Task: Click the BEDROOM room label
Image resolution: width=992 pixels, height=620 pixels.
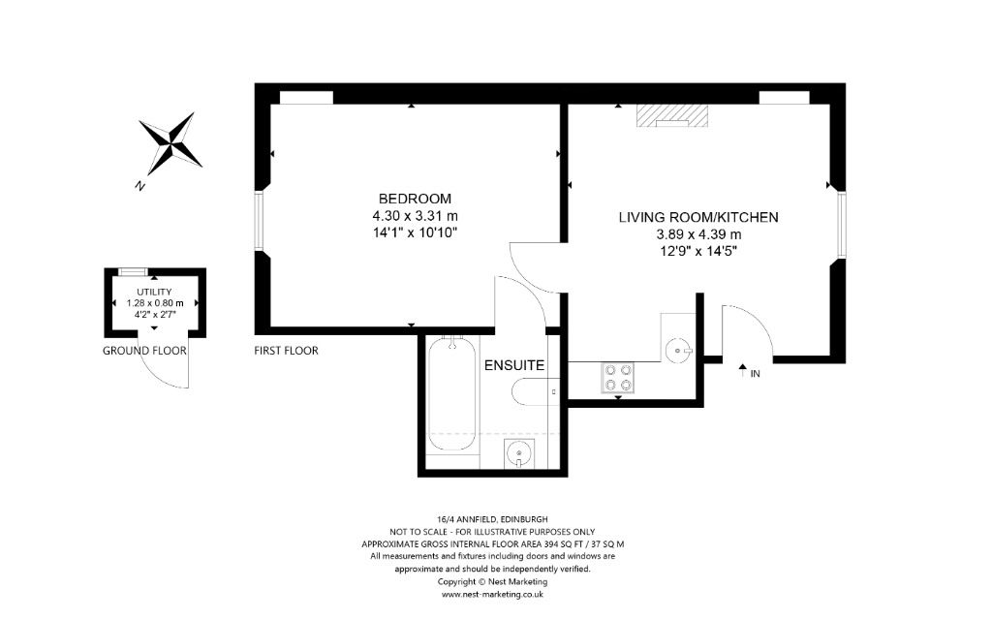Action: click(415, 198)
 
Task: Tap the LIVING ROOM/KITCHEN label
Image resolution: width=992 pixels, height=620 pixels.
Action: click(698, 217)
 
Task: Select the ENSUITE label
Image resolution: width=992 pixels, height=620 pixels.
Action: click(514, 365)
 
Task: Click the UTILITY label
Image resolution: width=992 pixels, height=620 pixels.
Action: click(154, 292)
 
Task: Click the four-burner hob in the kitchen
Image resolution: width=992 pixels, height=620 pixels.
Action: click(617, 378)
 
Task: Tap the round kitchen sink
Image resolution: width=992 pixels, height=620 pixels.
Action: click(679, 349)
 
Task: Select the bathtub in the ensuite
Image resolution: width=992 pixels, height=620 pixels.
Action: click(452, 395)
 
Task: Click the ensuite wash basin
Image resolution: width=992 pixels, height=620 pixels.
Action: click(519, 453)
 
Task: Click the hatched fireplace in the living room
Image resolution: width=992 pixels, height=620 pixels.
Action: click(672, 116)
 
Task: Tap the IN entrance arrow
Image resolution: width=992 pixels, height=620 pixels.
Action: click(743, 371)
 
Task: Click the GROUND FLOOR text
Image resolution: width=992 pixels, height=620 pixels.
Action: click(145, 351)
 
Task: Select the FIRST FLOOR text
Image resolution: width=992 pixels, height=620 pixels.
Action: click(286, 351)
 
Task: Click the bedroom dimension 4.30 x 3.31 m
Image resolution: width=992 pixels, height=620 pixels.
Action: click(415, 216)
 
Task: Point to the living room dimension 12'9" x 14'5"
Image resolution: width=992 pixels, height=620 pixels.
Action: click(698, 251)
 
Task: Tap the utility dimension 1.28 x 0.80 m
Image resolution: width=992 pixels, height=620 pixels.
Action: click(155, 303)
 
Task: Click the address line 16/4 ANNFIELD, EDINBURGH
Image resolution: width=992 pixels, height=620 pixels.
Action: click(486, 519)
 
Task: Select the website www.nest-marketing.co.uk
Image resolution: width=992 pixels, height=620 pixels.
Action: click(493, 594)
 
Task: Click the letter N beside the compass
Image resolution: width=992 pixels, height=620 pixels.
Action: click(140, 186)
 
